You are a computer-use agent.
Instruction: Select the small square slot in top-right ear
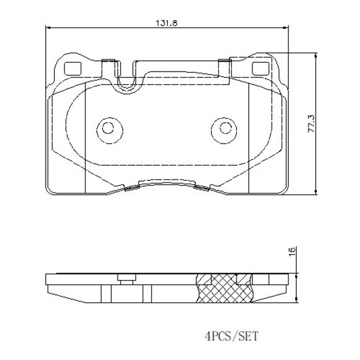tap(259, 68)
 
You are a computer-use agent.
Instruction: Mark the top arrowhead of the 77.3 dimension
tap(315, 56)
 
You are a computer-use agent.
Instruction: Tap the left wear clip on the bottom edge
tap(131, 187)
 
